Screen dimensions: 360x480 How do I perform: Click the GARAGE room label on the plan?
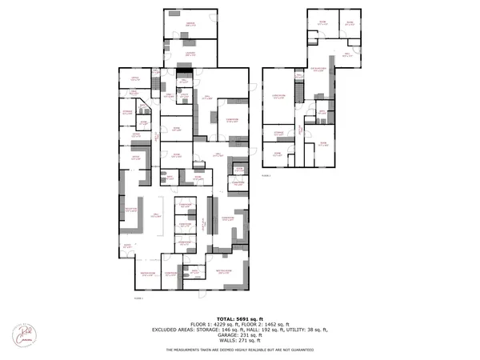[x=190, y=25]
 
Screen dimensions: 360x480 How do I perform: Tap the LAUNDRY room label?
[x=190, y=54]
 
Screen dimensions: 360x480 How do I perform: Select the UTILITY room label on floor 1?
[x=184, y=81]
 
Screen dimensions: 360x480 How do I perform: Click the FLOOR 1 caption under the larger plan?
[x=138, y=298]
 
